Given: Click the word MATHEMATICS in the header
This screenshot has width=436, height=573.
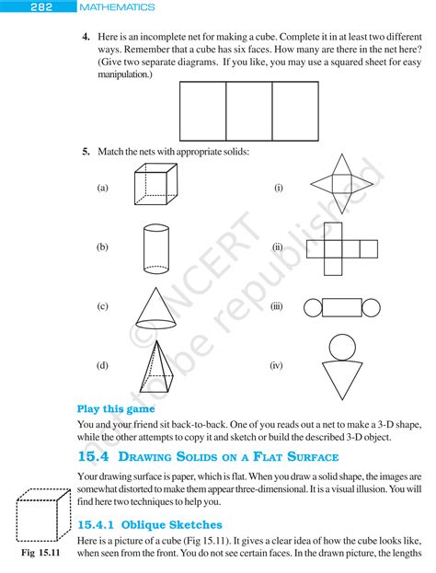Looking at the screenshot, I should (118, 7).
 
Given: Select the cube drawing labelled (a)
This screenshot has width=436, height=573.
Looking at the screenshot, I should (155, 185).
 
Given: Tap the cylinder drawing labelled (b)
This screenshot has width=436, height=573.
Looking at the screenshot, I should (155, 246).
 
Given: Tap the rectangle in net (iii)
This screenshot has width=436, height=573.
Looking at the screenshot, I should (340, 307).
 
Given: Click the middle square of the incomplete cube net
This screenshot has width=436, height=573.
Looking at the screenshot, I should (249, 110).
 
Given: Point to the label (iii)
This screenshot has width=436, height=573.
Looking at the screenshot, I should (276, 307).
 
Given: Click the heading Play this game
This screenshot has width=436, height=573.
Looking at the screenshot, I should (116, 408).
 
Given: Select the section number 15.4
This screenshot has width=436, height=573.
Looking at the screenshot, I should (94, 456).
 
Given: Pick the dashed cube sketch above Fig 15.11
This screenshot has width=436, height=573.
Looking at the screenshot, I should (42, 515).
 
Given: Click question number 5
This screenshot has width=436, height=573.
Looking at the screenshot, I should (85, 152).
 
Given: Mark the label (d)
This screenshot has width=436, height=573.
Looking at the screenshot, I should (102, 365).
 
